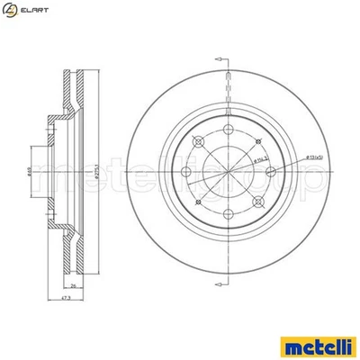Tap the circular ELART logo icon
click(x=10, y=10)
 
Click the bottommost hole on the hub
click(x=228, y=213)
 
